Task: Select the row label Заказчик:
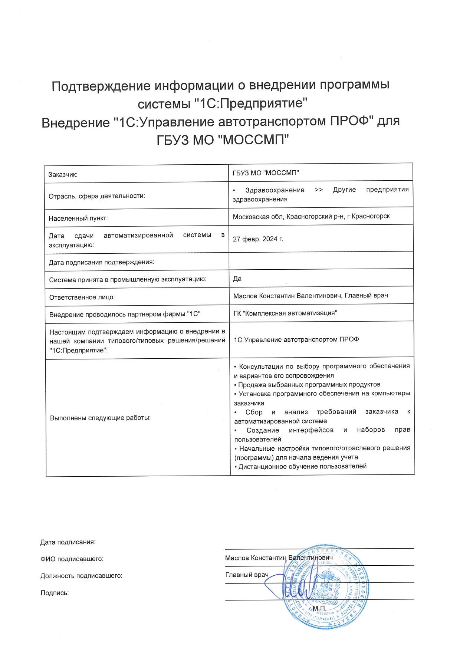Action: (63, 174)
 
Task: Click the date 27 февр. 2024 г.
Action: (258, 239)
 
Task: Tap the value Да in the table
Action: (237, 279)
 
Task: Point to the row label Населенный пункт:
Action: (78, 218)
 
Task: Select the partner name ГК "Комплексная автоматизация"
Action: (285, 313)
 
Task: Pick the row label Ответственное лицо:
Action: (82, 297)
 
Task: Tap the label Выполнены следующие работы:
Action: (100, 418)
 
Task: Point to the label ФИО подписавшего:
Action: (72, 559)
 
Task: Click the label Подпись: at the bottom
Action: (55, 593)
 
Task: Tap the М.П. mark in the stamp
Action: (319, 608)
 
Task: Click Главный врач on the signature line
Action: (247, 575)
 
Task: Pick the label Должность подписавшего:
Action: (81, 576)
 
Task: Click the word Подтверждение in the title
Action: (101, 86)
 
